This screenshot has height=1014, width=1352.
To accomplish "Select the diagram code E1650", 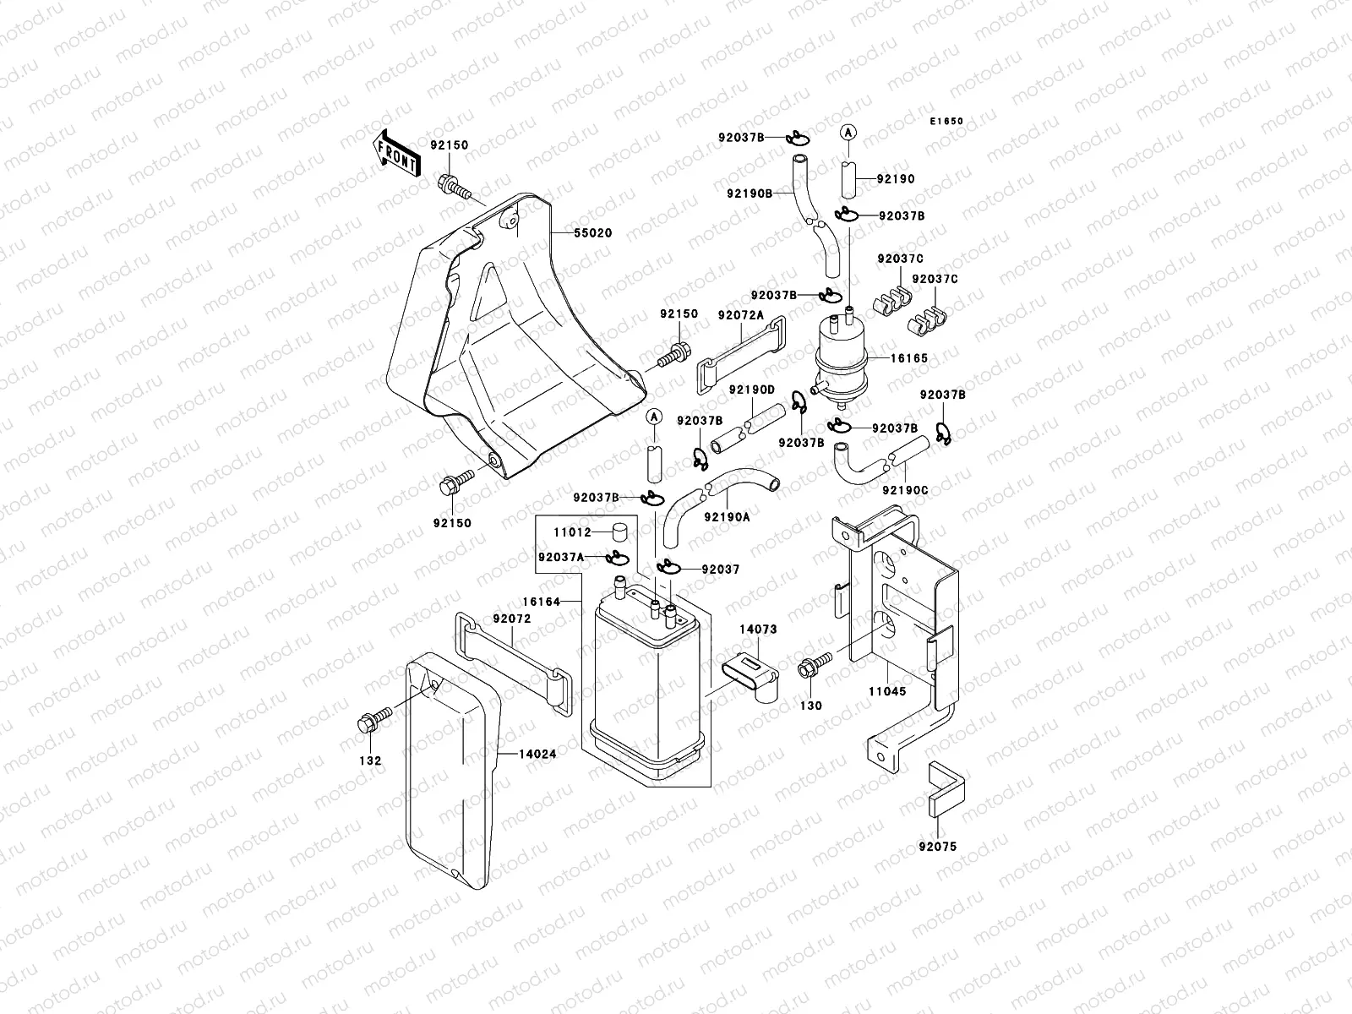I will (946, 122).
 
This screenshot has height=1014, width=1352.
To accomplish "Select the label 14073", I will (758, 630).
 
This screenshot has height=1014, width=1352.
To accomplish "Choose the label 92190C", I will (905, 489).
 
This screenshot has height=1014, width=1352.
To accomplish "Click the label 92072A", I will (741, 315).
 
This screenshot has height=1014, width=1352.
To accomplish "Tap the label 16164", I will (542, 601).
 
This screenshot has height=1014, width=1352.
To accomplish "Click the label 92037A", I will (561, 556).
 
